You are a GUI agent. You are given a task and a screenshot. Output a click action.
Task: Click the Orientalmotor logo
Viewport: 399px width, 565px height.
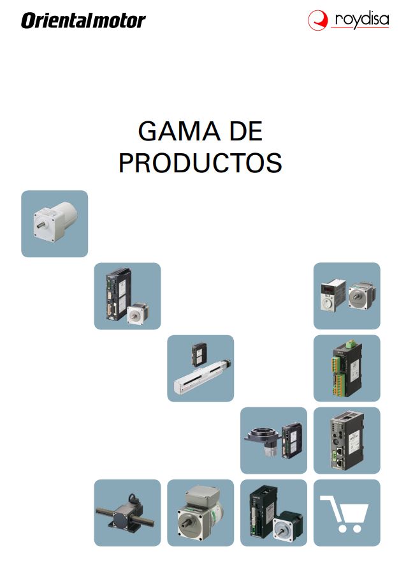pyautogui.click(x=83, y=20)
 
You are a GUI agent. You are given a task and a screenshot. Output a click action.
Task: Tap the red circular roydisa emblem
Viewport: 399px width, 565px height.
pyautogui.click(x=317, y=20)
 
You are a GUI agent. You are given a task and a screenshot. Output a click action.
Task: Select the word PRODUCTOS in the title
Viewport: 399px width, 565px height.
pyautogui.click(x=200, y=163)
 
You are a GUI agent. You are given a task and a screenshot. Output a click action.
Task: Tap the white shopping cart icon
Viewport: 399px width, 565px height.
pyautogui.click(x=344, y=513)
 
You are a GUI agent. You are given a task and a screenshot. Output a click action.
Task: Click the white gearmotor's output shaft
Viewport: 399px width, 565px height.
pyautogui.click(x=42, y=225)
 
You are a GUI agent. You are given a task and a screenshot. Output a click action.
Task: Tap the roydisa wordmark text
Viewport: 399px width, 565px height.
pyautogui.click(x=361, y=20)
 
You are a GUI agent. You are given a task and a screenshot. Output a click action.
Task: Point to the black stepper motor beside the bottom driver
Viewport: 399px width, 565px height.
pyautogui.click(x=287, y=527)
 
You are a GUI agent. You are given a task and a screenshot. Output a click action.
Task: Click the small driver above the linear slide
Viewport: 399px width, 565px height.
pyautogui.click(x=199, y=354)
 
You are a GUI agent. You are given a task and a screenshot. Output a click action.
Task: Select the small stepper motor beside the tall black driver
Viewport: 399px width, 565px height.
pyautogui.click(x=136, y=313)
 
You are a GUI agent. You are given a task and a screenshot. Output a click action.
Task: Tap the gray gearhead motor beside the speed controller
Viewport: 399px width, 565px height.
pyautogui.click(x=361, y=296)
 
